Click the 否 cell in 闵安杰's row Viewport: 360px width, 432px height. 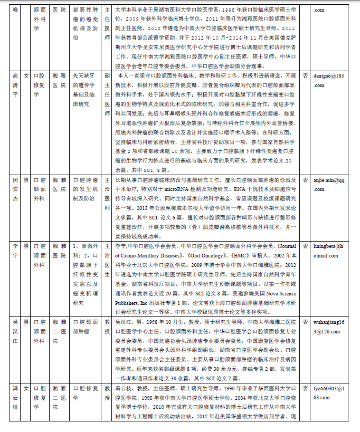(305, 180)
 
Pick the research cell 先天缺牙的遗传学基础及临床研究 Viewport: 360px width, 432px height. (85, 90)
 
